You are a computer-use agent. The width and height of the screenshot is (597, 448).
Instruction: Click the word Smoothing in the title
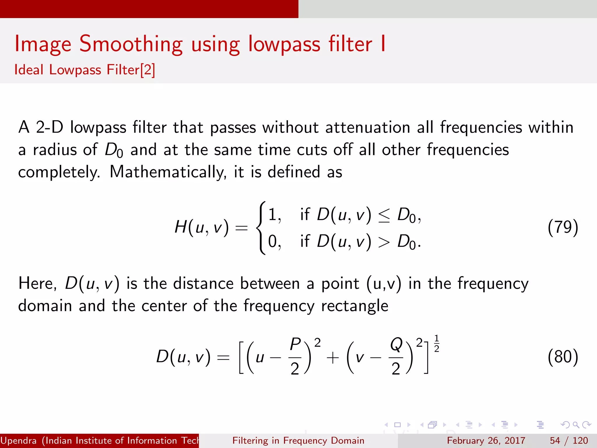[x=131, y=44]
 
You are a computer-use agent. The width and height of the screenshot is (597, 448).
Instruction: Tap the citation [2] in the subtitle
[x=148, y=70]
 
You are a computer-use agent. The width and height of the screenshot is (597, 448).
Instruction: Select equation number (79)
[x=563, y=228]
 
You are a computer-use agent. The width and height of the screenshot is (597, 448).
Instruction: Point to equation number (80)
[x=563, y=357]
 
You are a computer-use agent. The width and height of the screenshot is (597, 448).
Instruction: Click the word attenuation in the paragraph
[x=368, y=128]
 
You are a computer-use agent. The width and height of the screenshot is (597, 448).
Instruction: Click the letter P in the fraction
[x=295, y=344]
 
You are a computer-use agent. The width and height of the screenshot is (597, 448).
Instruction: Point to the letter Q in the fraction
[x=396, y=344]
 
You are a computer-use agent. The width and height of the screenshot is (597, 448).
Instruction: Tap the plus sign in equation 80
[x=332, y=358]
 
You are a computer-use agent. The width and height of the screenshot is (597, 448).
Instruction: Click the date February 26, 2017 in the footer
[x=486, y=440]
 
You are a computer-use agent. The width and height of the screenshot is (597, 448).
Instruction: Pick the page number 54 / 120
[x=569, y=440]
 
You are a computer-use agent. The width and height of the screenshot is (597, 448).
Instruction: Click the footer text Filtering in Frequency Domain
[x=298, y=440]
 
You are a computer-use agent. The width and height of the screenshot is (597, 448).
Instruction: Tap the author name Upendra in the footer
[x=19, y=440]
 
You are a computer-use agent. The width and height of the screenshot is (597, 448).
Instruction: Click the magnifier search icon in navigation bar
[x=576, y=425]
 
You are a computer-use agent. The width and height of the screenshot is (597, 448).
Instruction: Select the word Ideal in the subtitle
[x=29, y=70]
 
